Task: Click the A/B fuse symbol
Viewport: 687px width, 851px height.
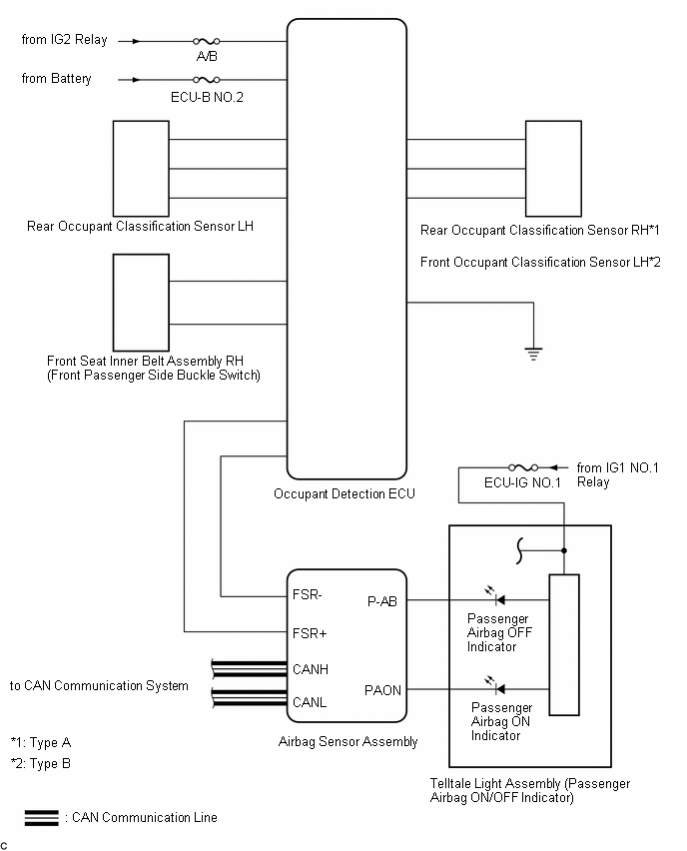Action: pyautogui.click(x=206, y=42)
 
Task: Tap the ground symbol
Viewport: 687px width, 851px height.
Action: pyautogui.click(x=534, y=351)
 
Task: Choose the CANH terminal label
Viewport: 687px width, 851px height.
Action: pyautogui.click(x=311, y=669)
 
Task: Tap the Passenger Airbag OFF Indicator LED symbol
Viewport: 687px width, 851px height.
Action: pyautogui.click(x=495, y=599)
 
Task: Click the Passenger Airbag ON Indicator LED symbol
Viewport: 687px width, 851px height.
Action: pyautogui.click(x=495, y=687)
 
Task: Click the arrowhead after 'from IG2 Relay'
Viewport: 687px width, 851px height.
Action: pyautogui.click(x=135, y=42)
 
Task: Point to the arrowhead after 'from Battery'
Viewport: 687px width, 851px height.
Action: pyautogui.click(x=135, y=79)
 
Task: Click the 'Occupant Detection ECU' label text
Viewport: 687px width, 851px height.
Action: pyautogui.click(x=343, y=493)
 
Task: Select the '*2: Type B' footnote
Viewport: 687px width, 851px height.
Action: pyautogui.click(x=41, y=763)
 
